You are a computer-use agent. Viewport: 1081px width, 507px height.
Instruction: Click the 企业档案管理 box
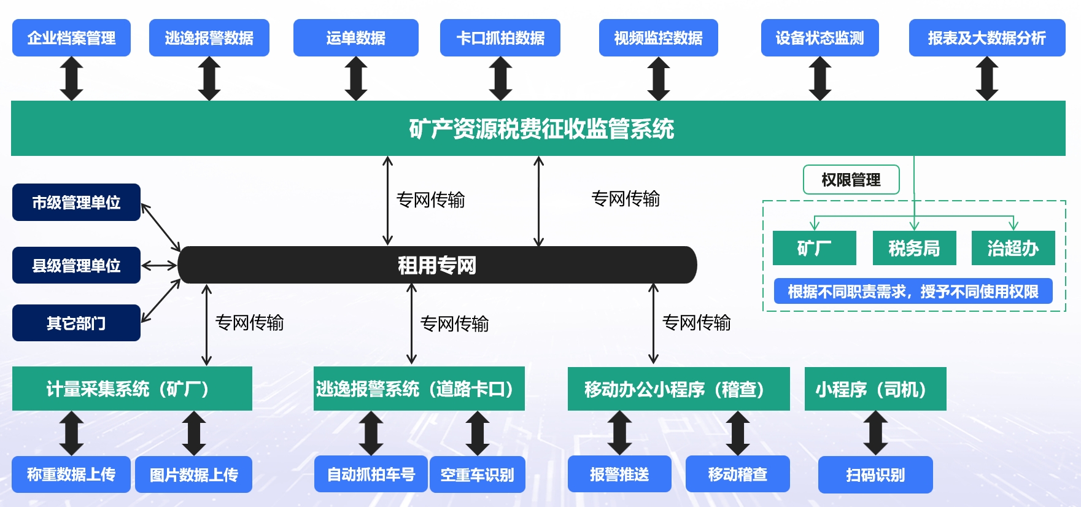click(x=71, y=38)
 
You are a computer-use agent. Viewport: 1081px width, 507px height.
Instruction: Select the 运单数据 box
click(x=355, y=38)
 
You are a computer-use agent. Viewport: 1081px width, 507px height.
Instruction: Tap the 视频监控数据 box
click(x=658, y=38)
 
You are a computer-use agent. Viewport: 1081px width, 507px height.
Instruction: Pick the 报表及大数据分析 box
click(x=986, y=38)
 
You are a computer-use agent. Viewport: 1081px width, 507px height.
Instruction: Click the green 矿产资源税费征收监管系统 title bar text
click(x=541, y=129)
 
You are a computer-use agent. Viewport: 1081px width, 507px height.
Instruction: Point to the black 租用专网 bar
click(x=437, y=265)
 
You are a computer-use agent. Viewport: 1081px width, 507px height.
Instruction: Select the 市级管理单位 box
click(x=76, y=203)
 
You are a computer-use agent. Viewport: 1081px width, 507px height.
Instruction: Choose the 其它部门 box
click(x=76, y=323)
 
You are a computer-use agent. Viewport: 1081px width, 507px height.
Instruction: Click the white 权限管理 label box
click(x=851, y=180)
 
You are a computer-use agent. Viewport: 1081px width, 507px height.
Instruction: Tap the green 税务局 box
click(x=914, y=248)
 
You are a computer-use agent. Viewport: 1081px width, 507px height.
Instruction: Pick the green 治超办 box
click(x=1013, y=248)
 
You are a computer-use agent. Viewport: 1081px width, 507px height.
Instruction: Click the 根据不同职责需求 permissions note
click(x=913, y=292)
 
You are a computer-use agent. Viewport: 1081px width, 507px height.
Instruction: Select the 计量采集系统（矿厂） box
click(x=132, y=389)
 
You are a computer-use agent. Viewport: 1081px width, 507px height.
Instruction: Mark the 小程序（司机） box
click(x=875, y=389)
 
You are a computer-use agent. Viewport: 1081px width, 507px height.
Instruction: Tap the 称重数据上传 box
click(x=71, y=474)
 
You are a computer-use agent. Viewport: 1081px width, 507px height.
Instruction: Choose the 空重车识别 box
click(x=477, y=474)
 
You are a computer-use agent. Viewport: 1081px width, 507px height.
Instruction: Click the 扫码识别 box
click(x=875, y=474)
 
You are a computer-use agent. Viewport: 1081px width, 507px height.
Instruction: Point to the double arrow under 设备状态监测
click(x=819, y=79)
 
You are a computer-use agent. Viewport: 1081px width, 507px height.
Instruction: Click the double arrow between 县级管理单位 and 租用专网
click(x=159, y=266)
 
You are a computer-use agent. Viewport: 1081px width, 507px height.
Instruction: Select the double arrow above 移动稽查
click(x=737, y=433)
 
